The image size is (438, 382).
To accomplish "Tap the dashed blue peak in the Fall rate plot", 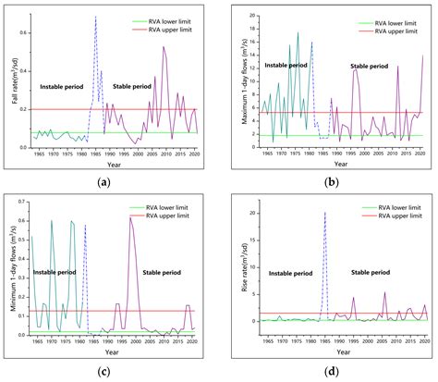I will [95, 17].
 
